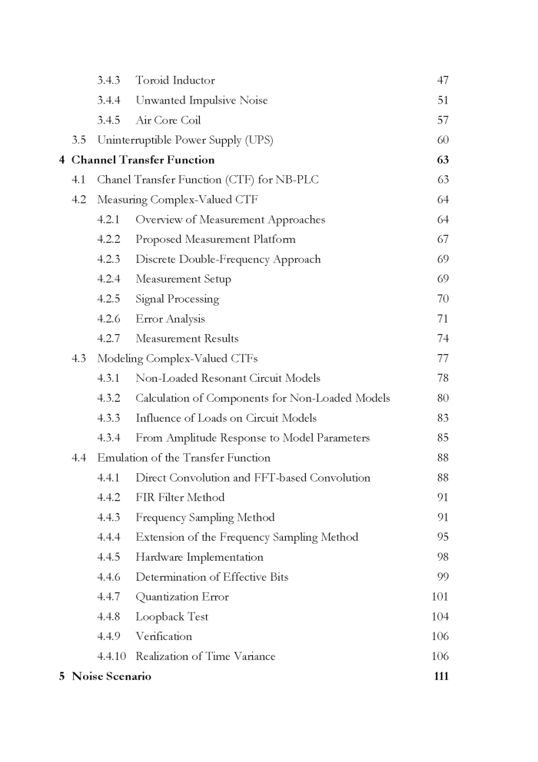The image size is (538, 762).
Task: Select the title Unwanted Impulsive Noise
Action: coord(201,101)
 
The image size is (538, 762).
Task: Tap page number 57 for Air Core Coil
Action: coord(443,121)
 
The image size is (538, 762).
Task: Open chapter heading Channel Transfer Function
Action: coord(143,161)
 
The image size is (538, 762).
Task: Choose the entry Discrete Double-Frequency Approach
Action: coord(227,260)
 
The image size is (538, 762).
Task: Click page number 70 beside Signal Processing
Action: coord(443,300)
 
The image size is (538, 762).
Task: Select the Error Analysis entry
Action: coord(170,320)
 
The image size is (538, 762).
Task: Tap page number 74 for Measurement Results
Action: coord(443,339)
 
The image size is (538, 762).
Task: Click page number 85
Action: coord(443,439)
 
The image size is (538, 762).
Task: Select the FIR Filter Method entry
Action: coord(180,498)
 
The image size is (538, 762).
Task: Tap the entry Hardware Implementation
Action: coord(199,558)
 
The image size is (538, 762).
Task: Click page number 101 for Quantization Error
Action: coord(440,597)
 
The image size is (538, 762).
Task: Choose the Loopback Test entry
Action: coord(171,617)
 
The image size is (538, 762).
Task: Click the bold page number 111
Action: coord(440,677)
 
